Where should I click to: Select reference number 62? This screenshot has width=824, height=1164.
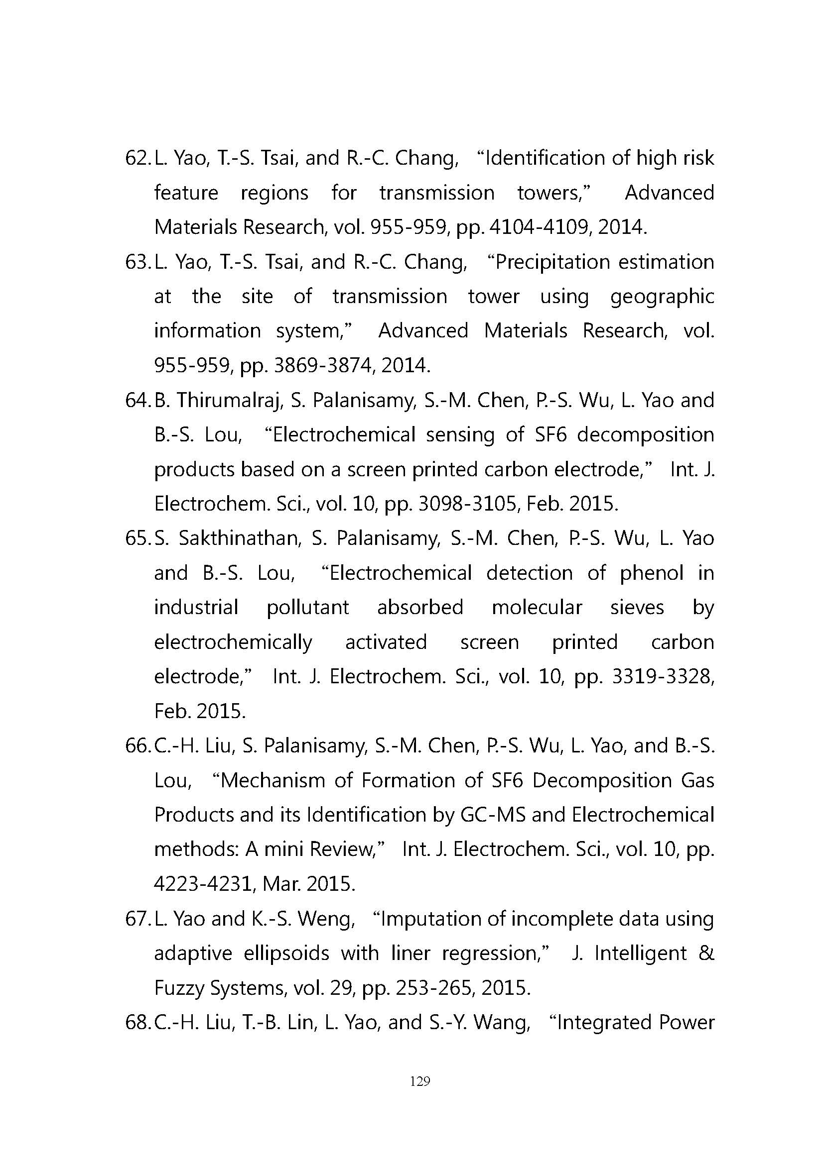[137, 159]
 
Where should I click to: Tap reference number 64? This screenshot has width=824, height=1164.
[137, 401]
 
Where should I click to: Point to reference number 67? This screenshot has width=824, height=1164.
[137, 919]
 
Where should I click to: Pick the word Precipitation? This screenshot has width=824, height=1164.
[552, 263]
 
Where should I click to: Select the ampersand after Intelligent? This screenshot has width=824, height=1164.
[706, 953]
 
